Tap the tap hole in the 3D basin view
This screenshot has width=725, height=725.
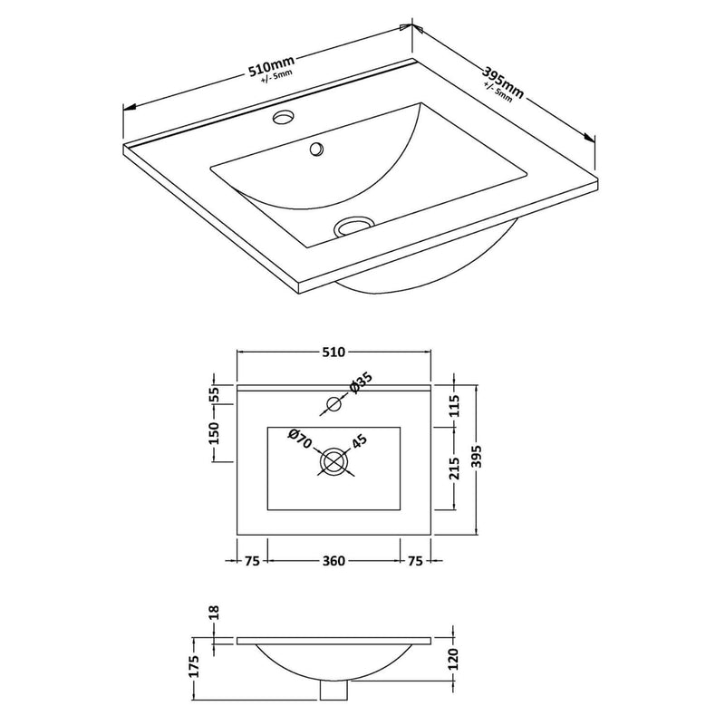(285, 117)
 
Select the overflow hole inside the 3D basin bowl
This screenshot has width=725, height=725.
(316, 149)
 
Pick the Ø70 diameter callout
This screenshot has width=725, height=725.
(300, 440)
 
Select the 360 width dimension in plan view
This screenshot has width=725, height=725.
(333, 561)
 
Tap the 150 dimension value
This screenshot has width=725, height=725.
(215, 433)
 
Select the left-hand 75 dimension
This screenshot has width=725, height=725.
(252, 561)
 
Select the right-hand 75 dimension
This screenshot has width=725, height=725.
(416, 561)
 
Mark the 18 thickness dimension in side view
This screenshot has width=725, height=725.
(215, 614)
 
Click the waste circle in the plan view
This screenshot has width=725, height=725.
(334, 461)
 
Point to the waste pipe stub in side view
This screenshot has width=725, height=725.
(334, 691)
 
